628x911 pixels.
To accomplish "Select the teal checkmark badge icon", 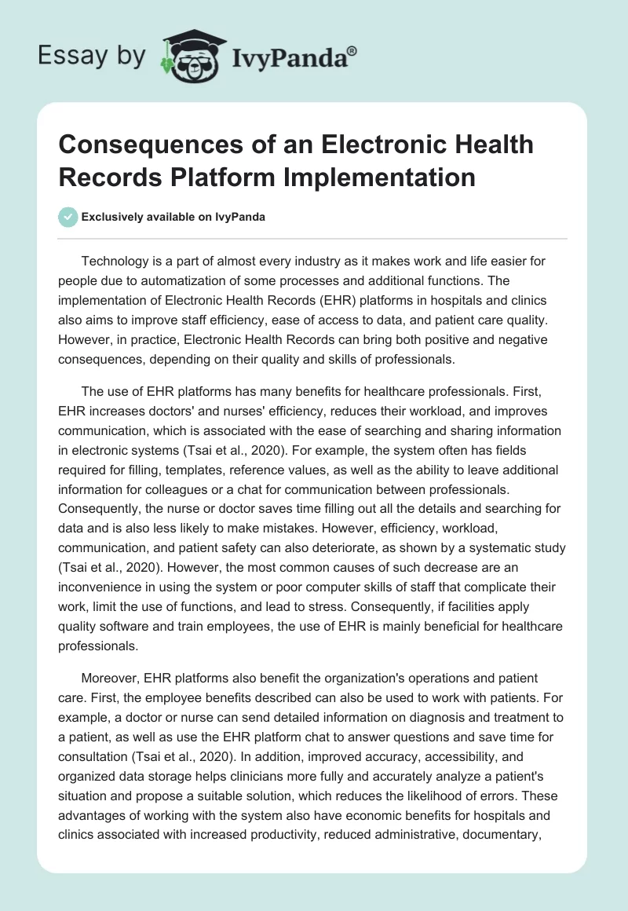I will [69, 218].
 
